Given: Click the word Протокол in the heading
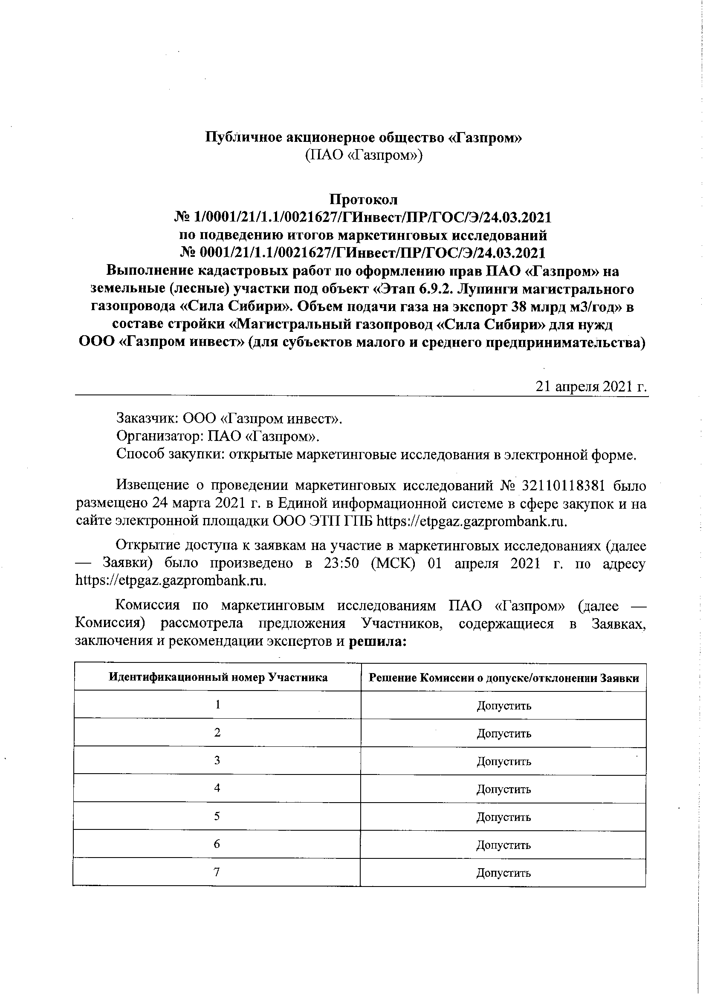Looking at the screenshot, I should click(363, 199).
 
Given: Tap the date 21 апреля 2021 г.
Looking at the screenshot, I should click(592, 386).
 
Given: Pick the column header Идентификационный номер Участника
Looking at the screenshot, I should click(218, 677).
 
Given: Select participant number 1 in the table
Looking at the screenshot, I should click(217, 705).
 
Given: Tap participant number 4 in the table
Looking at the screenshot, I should click(217, 788).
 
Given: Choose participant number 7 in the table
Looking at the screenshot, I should click(217, 871).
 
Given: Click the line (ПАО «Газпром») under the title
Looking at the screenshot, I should click(363, 155).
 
